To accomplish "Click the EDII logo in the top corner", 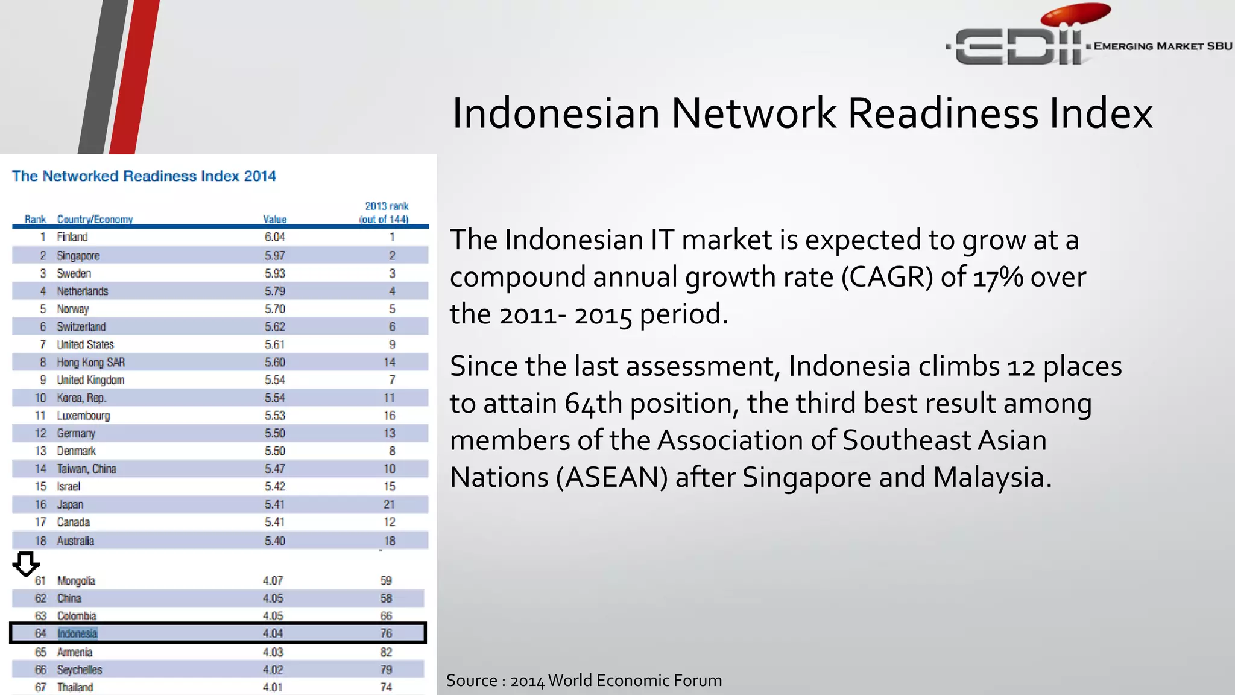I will point(1025,42).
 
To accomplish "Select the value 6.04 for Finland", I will point(274,237).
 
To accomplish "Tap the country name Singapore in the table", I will point(78,256).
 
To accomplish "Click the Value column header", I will point(274,220).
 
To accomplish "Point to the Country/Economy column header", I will point(95,220).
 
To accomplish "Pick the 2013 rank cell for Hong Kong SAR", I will point(390,362).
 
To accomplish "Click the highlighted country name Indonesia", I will point(77,633).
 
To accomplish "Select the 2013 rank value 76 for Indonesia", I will point(386,633).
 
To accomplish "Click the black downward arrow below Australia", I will point(26,564).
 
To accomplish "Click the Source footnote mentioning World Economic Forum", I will point(584,681).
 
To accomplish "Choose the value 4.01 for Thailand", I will point(273,687).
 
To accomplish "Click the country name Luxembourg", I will point(83,416).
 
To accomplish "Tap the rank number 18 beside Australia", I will point(40,541).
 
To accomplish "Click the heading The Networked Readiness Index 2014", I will point(144,176).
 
